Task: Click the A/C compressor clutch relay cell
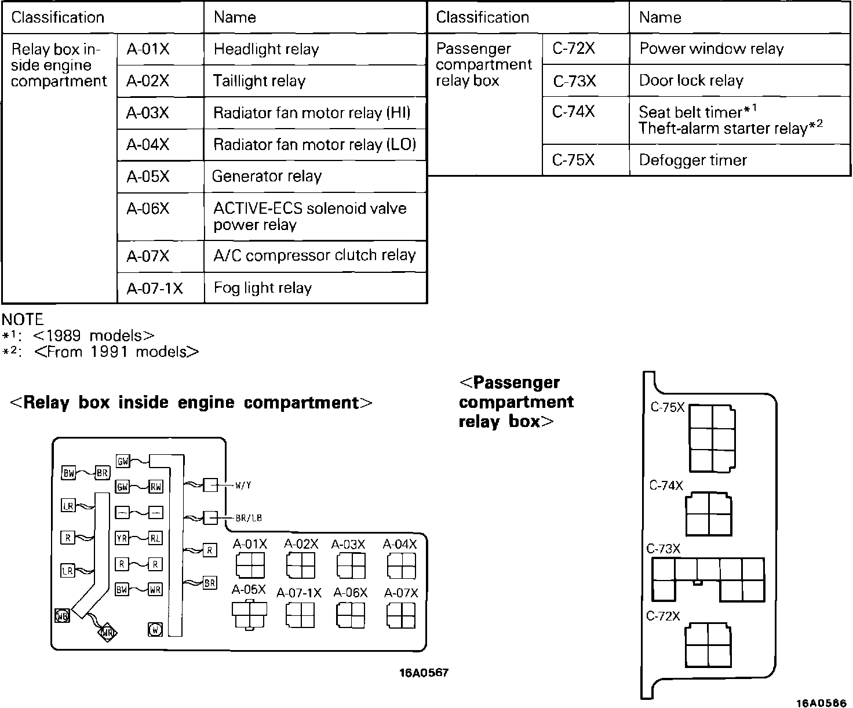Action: (315, 256)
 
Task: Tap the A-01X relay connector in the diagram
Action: (250, 565)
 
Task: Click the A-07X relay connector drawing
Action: (401, 615)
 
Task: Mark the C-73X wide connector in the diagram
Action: (708, 579)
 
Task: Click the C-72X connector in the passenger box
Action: (708, 645)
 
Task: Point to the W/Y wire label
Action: (243, 486)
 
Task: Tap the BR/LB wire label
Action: (249, 518)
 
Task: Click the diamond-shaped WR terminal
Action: (107, 633)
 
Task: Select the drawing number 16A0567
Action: (424, 673)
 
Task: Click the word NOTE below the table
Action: (23, 319)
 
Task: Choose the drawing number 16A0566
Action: (821, 703)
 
